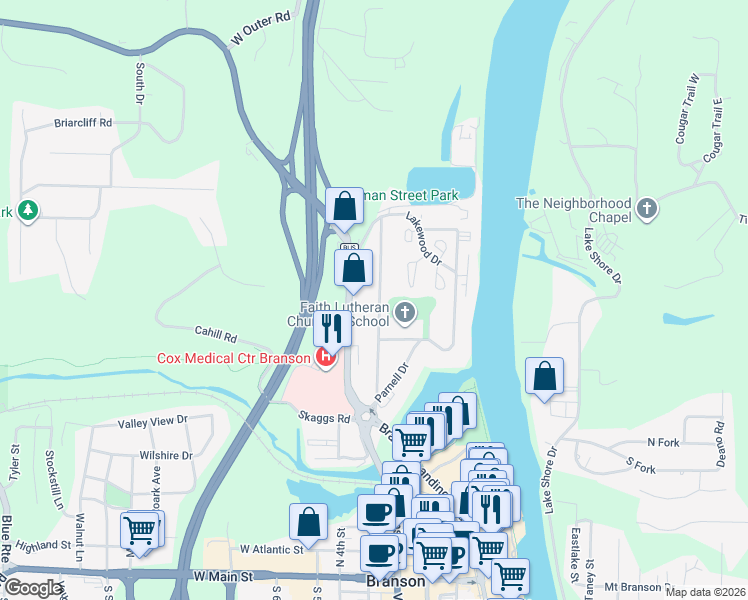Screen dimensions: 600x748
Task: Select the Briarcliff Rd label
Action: click(83, 123)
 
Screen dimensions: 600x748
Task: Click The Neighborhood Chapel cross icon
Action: click(647, 209)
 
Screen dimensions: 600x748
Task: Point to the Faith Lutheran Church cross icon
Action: click(405, 314)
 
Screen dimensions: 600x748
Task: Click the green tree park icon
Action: click(27, 212)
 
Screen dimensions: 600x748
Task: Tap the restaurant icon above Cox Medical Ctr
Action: click(331, 327)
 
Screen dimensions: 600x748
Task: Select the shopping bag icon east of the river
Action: click(544, 377)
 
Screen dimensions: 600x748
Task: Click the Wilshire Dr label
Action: click(166, 455)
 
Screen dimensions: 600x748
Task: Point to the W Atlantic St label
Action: click(271, 549)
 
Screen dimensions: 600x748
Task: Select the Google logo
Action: click(33, 588)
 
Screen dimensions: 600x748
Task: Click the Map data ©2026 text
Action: click(705, 592)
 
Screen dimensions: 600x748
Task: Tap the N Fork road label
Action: click(663, 441)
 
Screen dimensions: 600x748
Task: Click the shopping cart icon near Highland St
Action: click(139, 530)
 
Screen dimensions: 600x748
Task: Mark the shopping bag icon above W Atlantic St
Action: click(309, 521)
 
